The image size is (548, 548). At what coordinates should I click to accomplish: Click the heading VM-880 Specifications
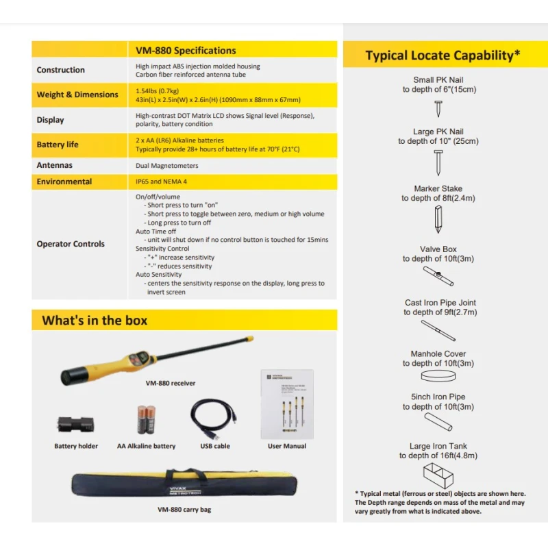[186, 50]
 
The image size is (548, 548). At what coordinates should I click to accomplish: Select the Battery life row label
[58, 145]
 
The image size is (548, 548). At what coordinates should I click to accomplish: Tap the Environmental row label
[64, 182]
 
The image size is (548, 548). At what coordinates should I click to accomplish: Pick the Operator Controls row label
[71, 244]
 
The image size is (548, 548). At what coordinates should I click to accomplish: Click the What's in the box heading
[95, 320]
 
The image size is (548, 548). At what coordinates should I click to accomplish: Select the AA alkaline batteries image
[146, 420]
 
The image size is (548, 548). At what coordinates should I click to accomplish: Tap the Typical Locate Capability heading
[443, 55]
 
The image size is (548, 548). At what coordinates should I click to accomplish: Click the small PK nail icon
[438, 108]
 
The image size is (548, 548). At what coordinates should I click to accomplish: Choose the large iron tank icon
[438, 474]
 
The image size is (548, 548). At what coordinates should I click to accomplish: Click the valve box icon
[438, 276]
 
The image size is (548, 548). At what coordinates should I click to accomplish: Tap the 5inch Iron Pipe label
[438, 397]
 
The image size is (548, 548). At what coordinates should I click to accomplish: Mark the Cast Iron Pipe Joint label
[439, 303]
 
